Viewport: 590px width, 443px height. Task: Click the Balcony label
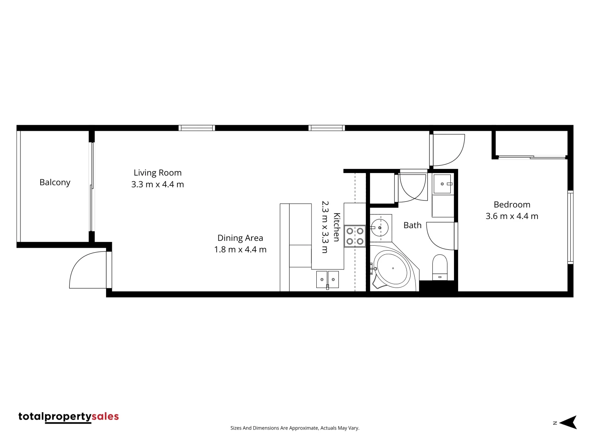(x=55, y=182)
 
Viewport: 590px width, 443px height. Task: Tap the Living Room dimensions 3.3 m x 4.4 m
(x=157, y=185)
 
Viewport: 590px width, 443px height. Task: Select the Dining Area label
(x=240, y=238)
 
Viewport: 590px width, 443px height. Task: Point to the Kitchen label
(x=336, y=227)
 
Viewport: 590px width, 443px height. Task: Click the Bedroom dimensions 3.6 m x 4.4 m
(x=512, y=216)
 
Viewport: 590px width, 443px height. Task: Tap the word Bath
(x=412, y=225)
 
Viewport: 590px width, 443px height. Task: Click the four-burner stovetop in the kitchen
(x=355, y=236)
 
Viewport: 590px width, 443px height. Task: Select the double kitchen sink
(x=327, y=279)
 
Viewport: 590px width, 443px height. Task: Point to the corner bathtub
(x=393, y=269)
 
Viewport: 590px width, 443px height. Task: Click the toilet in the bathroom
(x=440, y=267)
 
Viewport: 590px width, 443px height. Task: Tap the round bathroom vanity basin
(x=379, y=228)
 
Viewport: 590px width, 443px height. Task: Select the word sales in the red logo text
(x=105, y=416)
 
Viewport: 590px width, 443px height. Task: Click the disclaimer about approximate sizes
(x=295, y=428)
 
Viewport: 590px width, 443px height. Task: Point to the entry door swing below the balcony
(x=88, y=270)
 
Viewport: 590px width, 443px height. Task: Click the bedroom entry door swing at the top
(x=447, y=150)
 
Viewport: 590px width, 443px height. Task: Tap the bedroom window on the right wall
(x=570, y=227)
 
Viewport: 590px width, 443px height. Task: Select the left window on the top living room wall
(x=197, y=128)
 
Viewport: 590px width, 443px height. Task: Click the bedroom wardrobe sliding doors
(x=531, y=157)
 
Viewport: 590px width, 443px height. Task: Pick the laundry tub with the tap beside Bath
(x=443, y=184)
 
